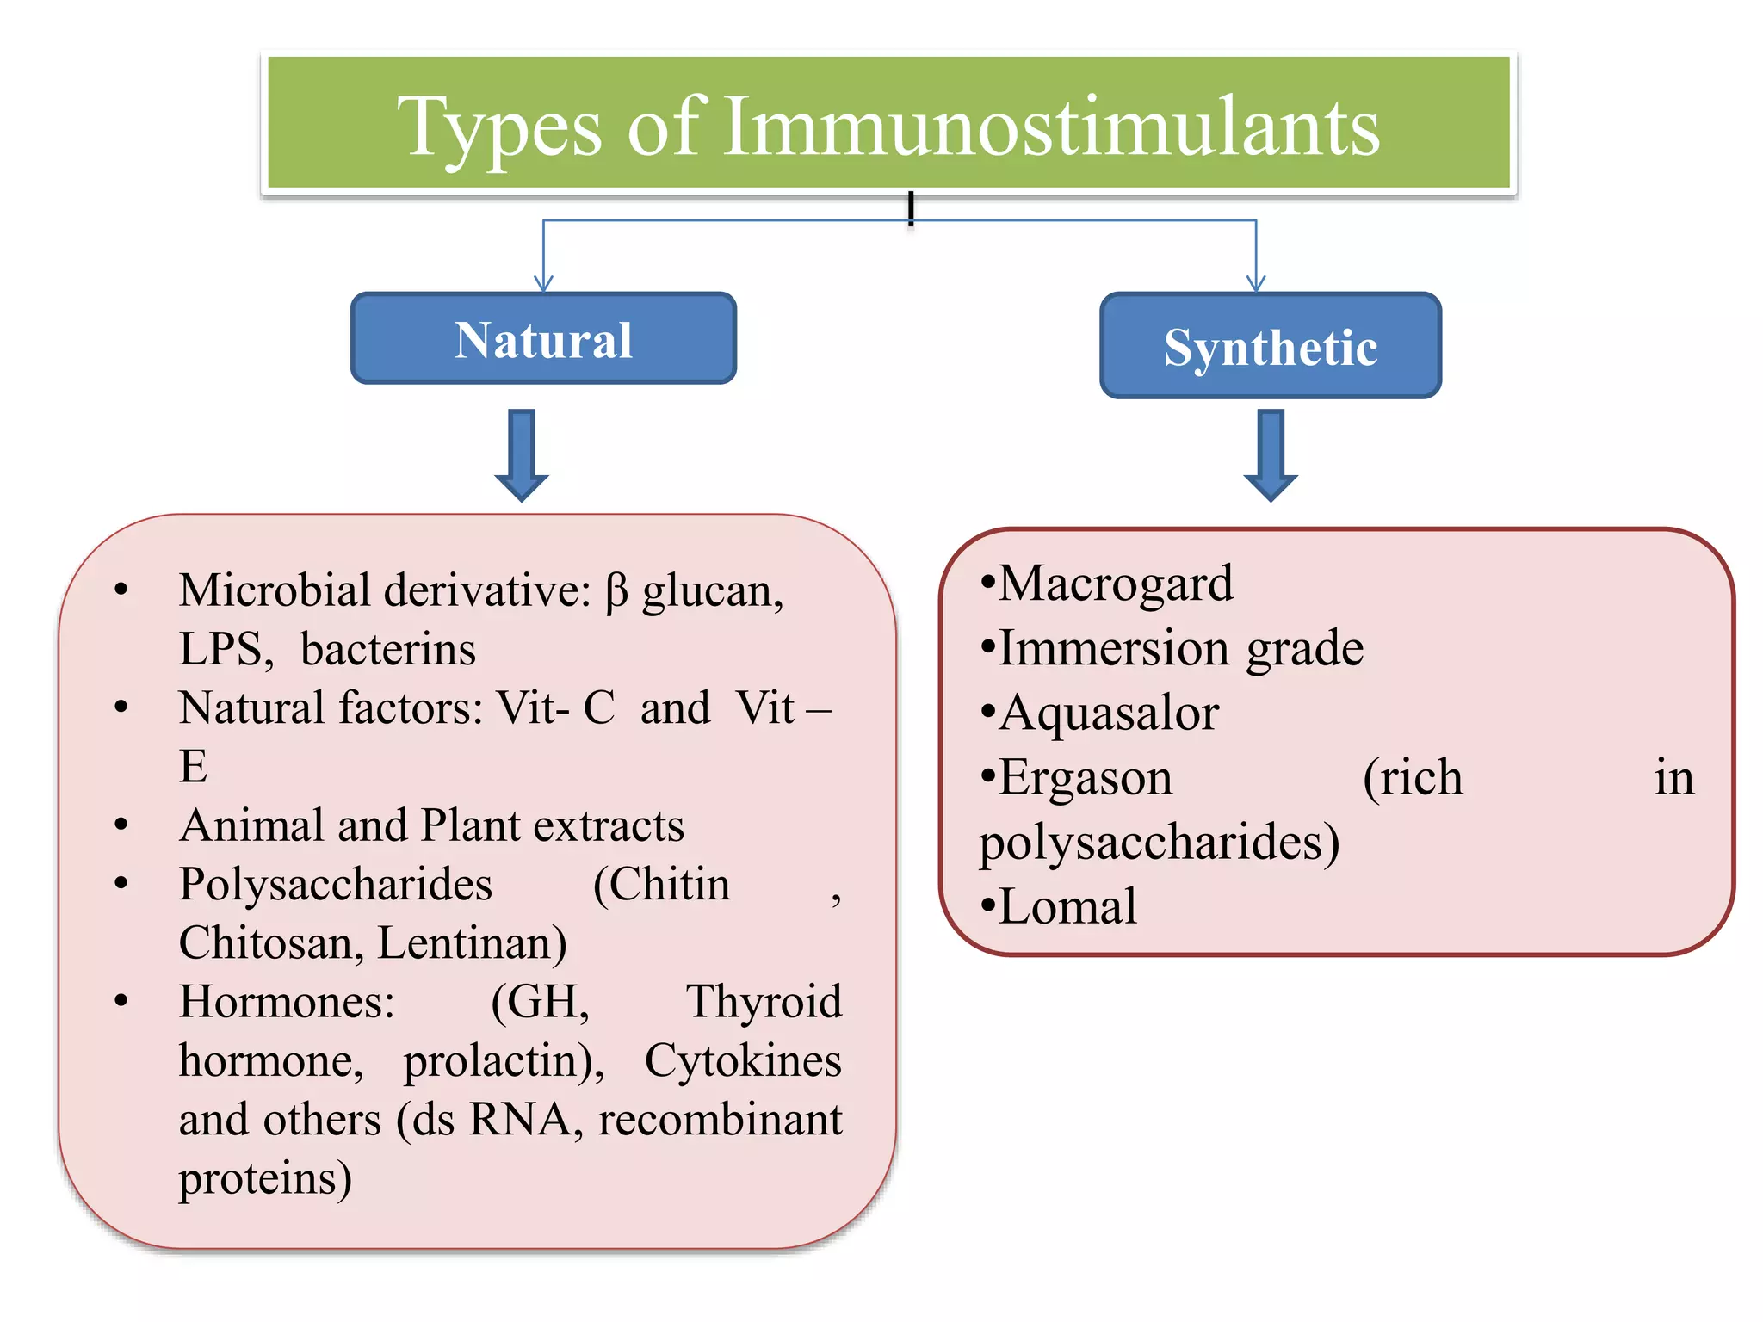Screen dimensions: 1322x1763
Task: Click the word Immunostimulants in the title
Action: [1051, 127]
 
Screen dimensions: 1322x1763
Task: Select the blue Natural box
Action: [543, 338]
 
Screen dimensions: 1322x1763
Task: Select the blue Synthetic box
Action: [1271, 346]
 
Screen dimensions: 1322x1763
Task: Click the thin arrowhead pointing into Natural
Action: [543, 284]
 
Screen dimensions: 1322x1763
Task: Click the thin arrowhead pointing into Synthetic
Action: [1256, 284]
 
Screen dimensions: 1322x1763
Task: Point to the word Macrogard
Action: [1116, 584]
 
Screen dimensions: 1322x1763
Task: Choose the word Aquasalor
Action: [1109, 713]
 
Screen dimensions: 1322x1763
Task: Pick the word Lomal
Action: [1067, 906]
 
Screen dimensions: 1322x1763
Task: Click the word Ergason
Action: [1086, 777]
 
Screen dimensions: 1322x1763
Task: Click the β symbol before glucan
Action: [616, 592]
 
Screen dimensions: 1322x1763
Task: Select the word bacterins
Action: [388, 649]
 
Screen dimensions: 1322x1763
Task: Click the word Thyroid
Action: [764, 1001]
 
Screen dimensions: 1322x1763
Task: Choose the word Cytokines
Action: [743, 1059]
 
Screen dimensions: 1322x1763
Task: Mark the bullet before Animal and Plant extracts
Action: [121, 825]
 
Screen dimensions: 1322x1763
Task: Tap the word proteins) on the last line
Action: [265, 1178]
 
